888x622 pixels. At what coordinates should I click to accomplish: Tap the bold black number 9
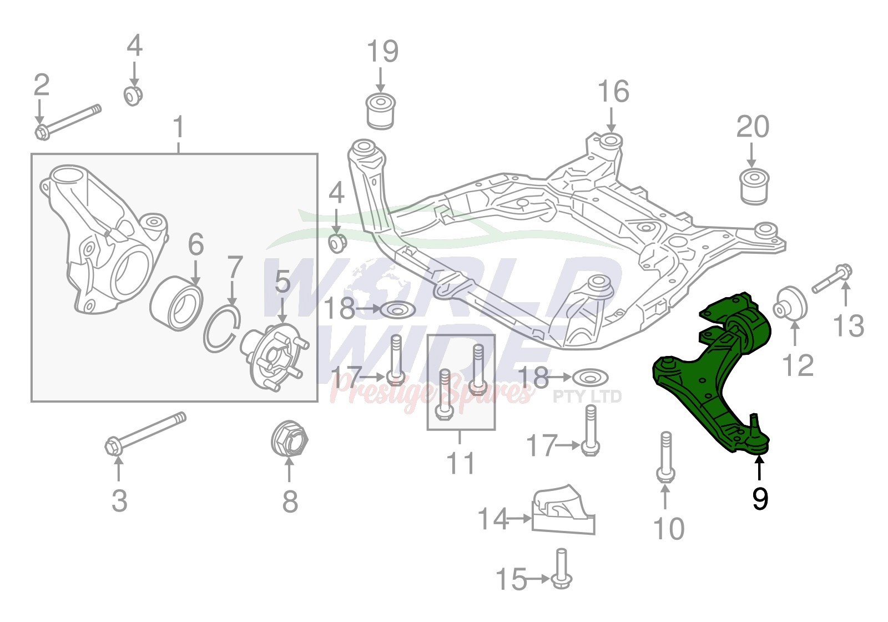[760, 499]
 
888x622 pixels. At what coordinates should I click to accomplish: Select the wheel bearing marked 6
[176, 304]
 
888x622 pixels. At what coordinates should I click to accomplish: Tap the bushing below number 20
[754, 187]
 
